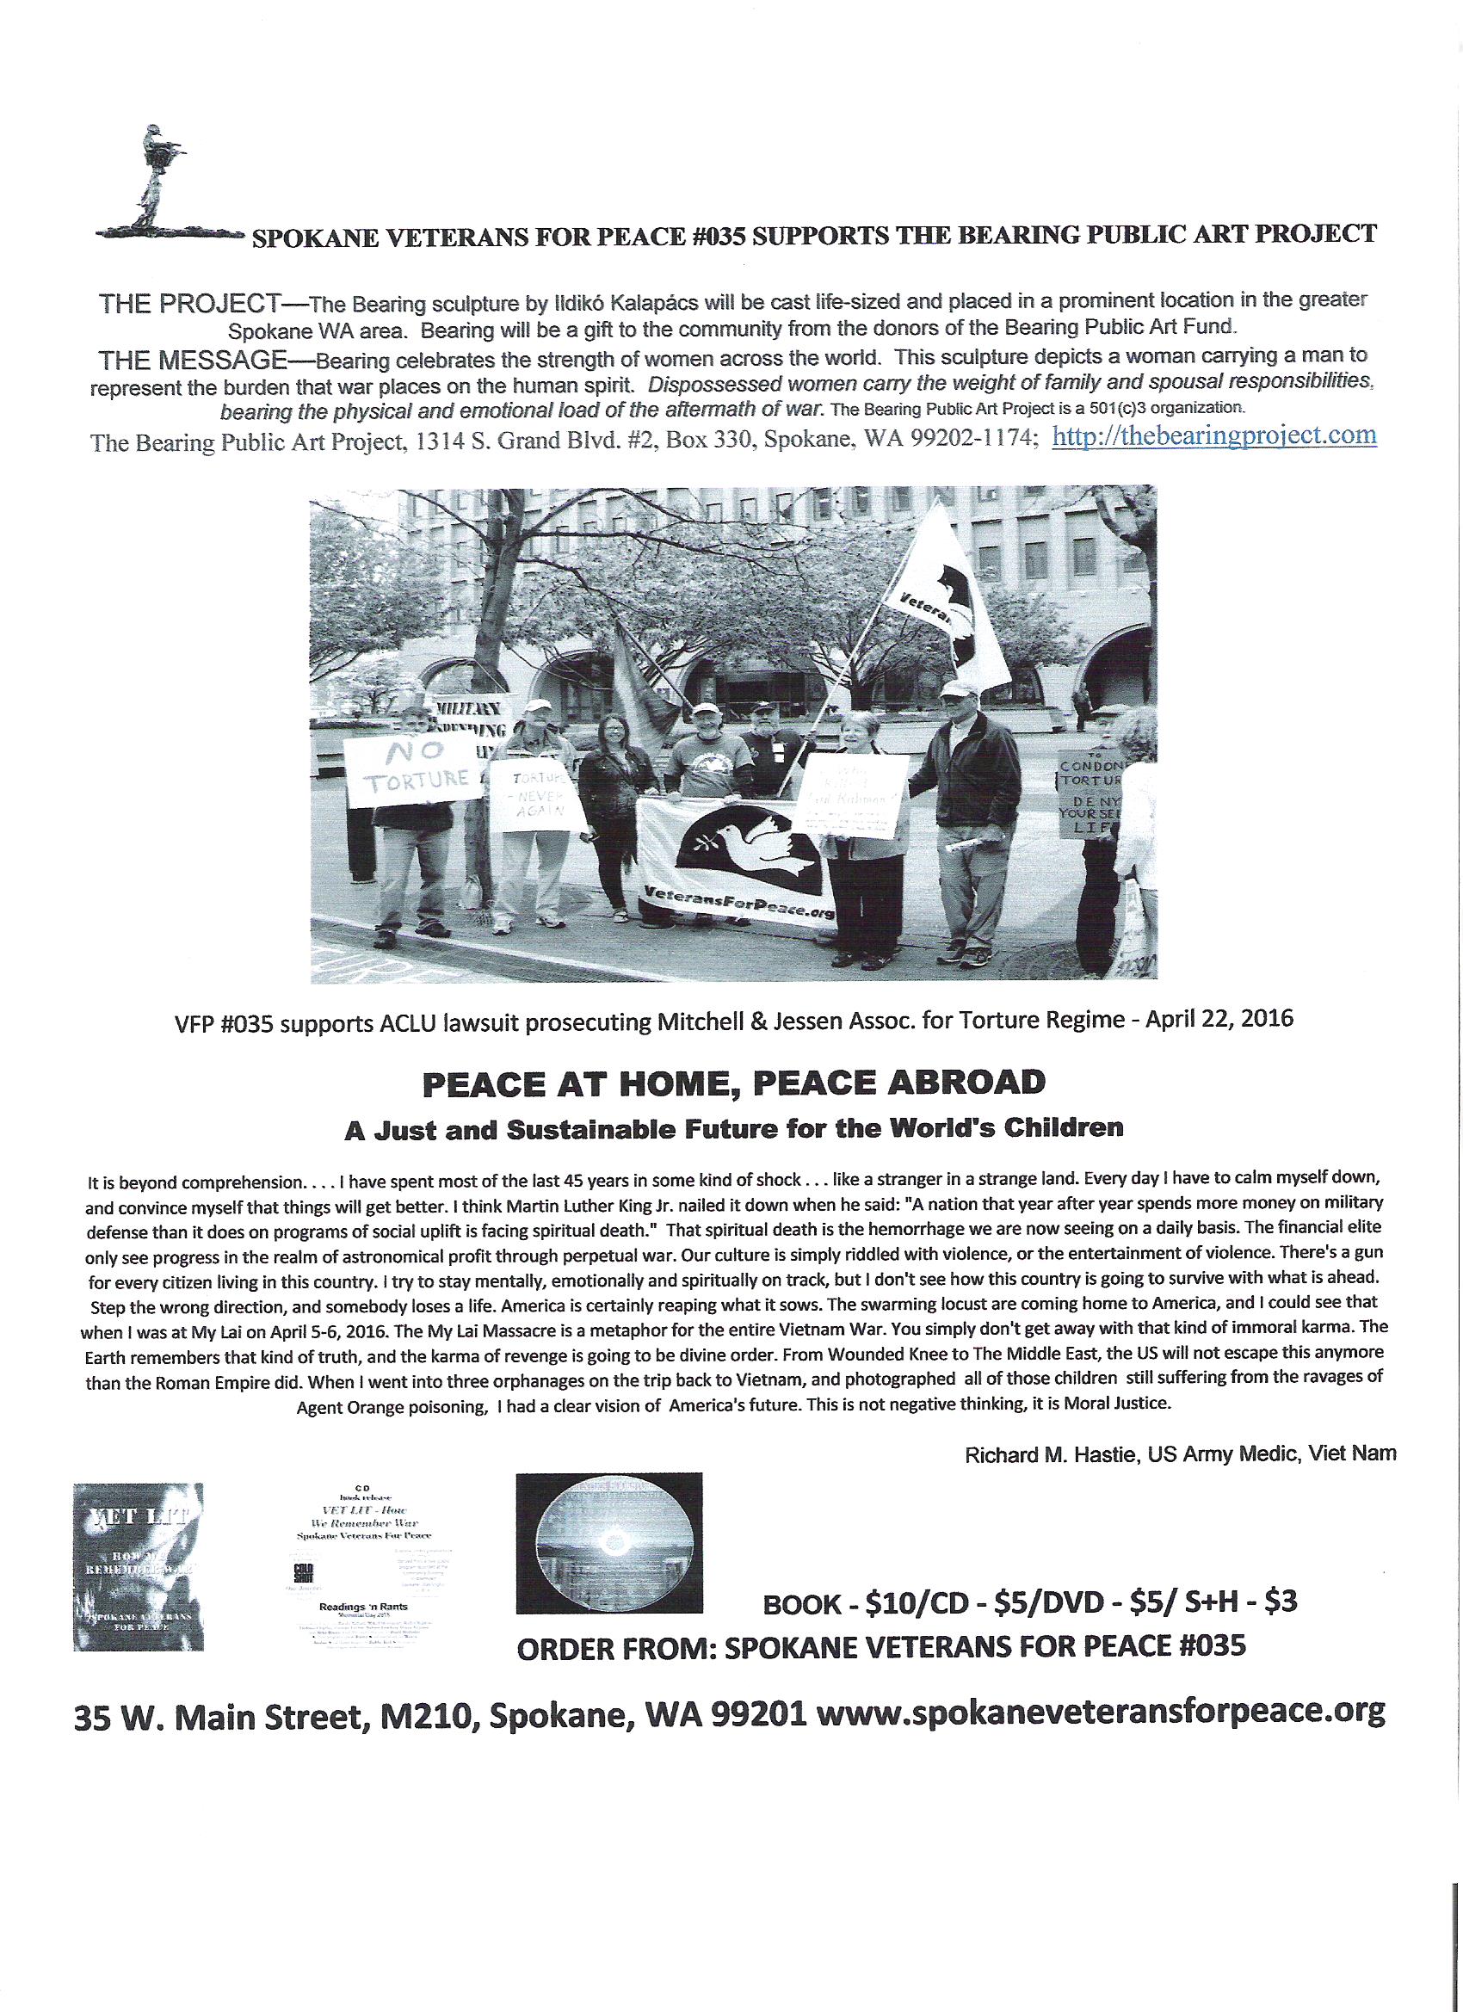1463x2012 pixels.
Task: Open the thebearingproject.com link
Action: click(x=1213, y=437)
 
